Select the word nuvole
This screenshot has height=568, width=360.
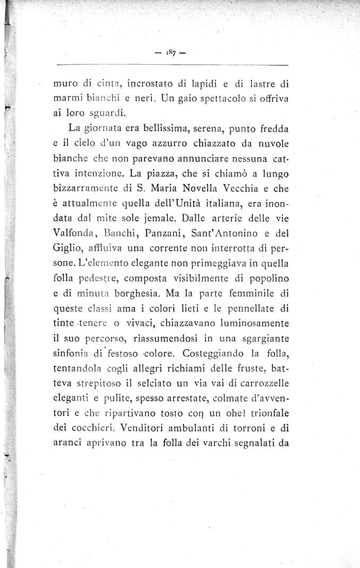(x=270, y=143)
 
